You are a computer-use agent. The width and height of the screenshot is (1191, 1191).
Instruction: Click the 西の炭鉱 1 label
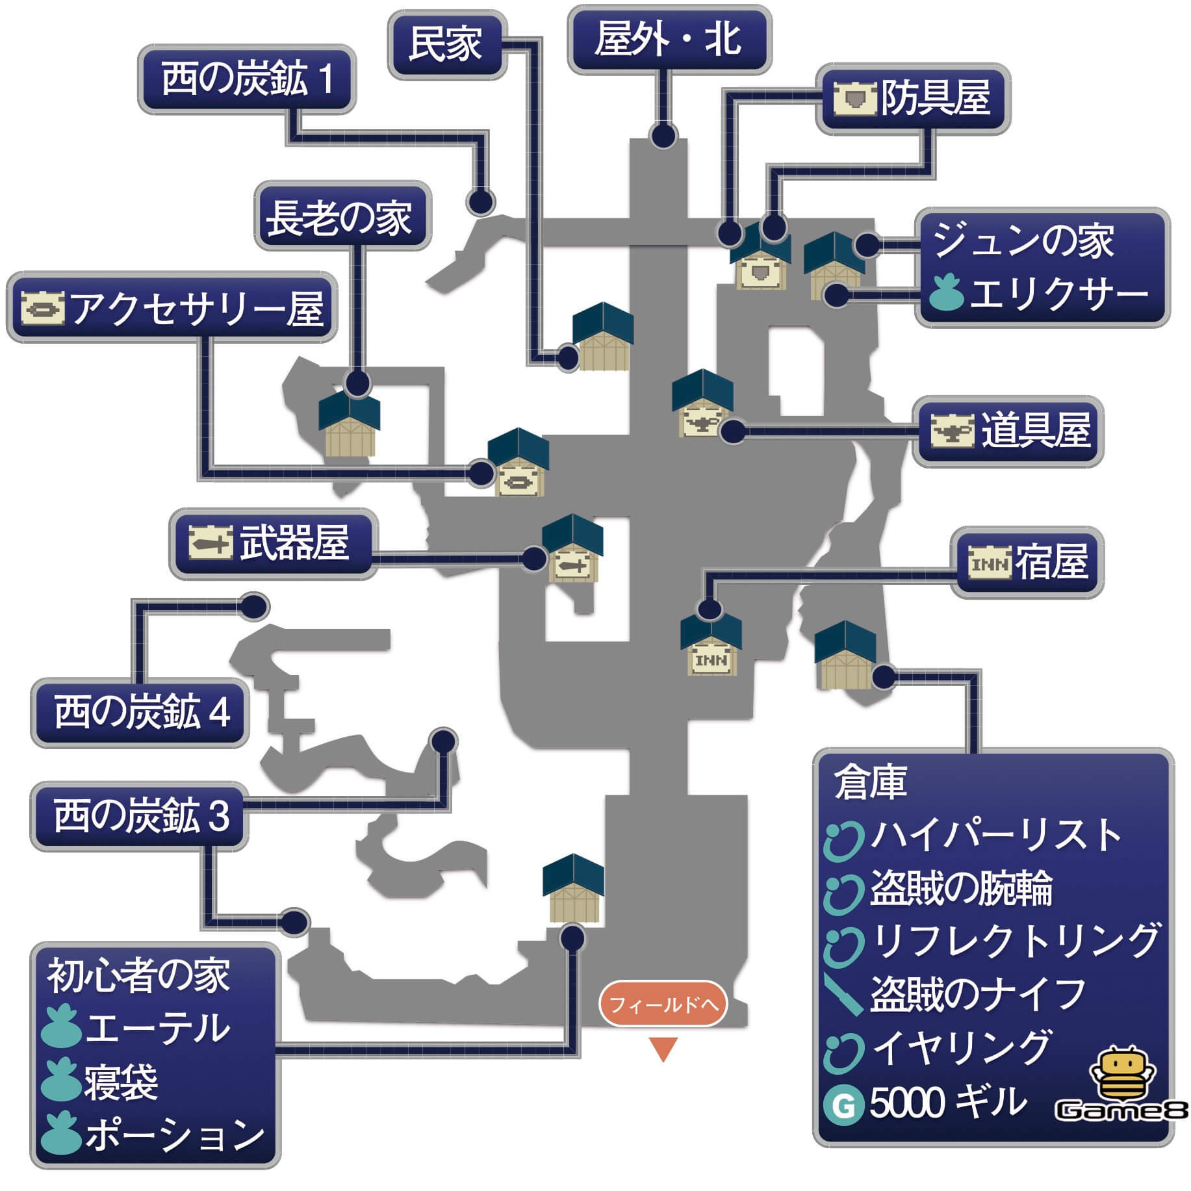(246, 79)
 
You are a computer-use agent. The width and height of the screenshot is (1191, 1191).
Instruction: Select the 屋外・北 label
(669, 40)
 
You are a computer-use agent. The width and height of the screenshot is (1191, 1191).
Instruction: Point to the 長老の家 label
(342, 216)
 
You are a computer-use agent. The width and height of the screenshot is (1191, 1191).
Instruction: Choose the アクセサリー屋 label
(172, 307)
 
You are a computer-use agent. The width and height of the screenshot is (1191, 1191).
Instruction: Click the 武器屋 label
(273, 543)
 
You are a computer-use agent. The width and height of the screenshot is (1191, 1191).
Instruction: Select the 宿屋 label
(1027, 562)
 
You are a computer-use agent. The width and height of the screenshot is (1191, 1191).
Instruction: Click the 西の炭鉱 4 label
(141, 712)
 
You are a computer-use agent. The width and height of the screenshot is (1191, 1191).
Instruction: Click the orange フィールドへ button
(662, 1005)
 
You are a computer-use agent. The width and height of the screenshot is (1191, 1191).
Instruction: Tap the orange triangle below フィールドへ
(663, 1047)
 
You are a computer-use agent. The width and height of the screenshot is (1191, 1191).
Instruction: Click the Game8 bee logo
(1122, 1086)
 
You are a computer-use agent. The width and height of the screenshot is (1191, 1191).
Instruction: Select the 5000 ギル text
(948, 1103)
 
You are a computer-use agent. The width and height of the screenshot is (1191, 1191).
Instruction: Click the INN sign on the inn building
(711, 660)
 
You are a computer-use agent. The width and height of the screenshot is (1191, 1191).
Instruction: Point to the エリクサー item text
(1058, 294)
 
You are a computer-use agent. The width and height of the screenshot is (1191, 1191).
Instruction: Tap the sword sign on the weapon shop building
(572, 566)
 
